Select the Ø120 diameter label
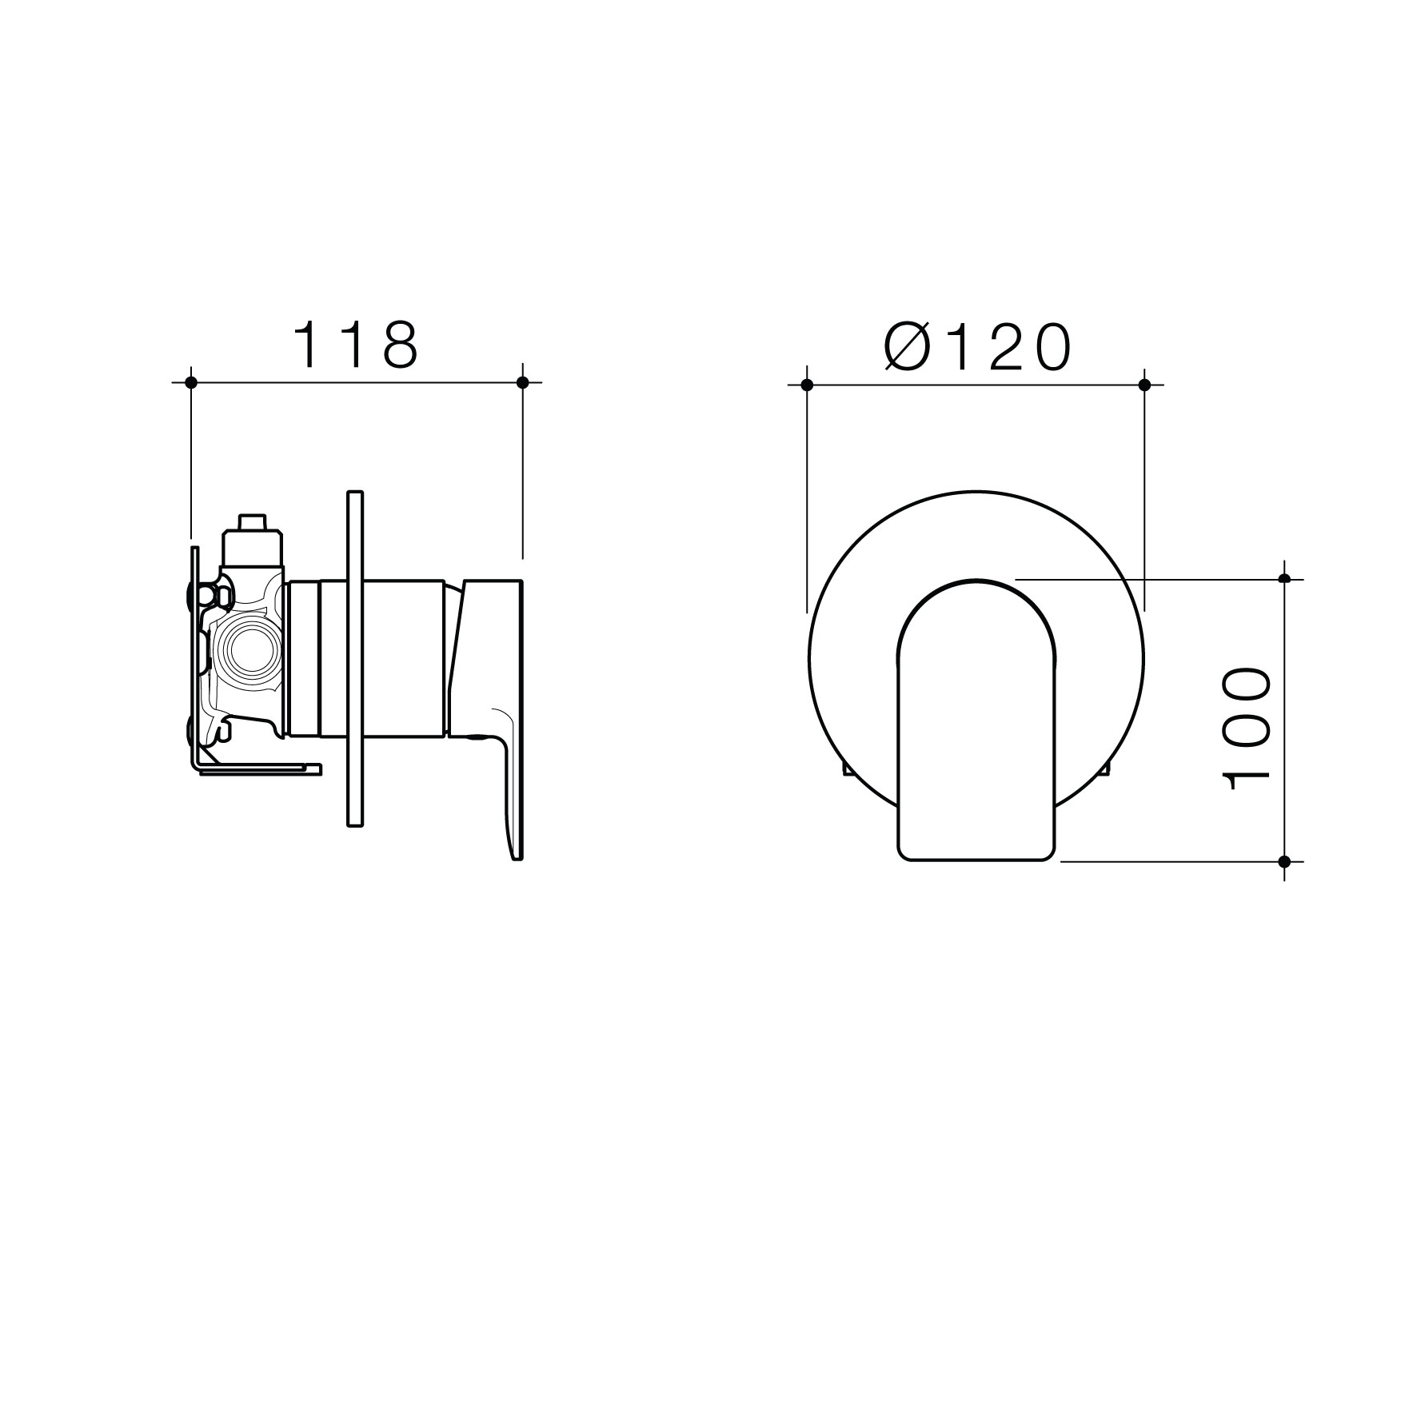977,348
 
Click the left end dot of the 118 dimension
190,382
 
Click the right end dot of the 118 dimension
523,382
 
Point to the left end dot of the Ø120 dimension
807,385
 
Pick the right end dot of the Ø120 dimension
1144,385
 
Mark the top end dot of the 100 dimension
1285,578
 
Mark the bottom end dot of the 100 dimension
1285,861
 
